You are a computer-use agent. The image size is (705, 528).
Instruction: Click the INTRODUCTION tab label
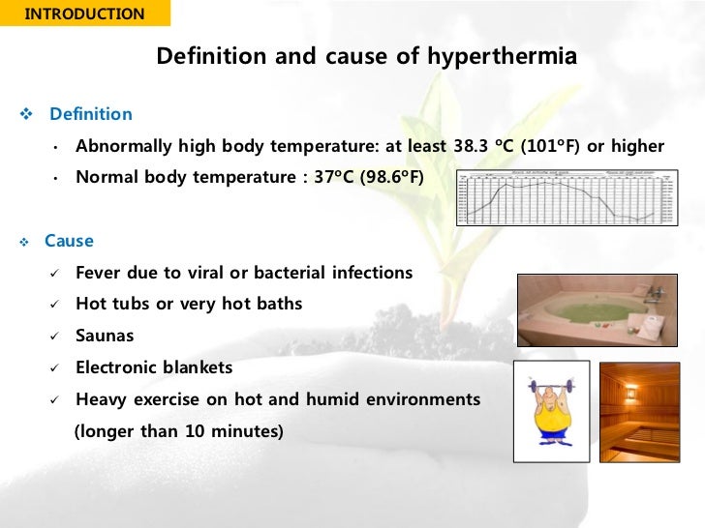pos(84,15)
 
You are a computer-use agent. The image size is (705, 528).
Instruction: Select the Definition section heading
pos(91,114)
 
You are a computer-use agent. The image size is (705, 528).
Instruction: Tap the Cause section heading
pos(70,241)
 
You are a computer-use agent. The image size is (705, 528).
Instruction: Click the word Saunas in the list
pos(105,337)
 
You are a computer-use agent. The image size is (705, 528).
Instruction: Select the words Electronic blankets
pos(154,368)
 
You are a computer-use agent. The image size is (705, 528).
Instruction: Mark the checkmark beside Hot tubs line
pos(55,305)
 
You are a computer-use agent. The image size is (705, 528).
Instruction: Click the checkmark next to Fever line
pos(55,274)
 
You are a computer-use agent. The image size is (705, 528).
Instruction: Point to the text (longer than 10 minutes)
pos(179,431)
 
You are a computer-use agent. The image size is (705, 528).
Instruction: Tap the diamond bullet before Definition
pos(26,115)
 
